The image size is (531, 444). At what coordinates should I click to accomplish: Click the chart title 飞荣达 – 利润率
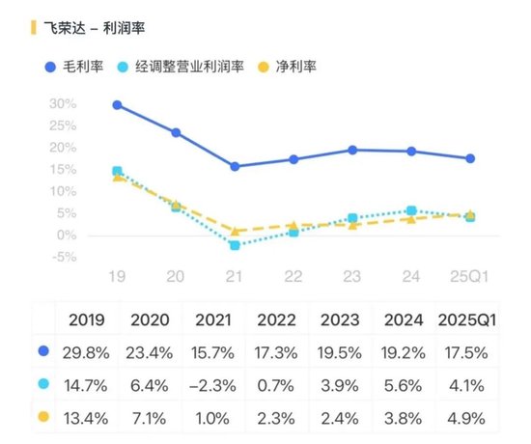pos(90,28)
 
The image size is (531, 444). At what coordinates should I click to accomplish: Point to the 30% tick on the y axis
pos(63,103)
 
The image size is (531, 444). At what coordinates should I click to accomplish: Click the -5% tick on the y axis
pos(63,257)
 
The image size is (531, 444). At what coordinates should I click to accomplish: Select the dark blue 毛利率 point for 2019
pos(117,104)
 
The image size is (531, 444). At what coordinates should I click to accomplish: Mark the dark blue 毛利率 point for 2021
pos(235,166)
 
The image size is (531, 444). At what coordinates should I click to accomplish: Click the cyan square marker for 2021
pos(235,245)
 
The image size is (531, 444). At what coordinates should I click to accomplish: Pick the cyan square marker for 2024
pos(411,210)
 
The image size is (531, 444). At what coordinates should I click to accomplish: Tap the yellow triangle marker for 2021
pos(235,231)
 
